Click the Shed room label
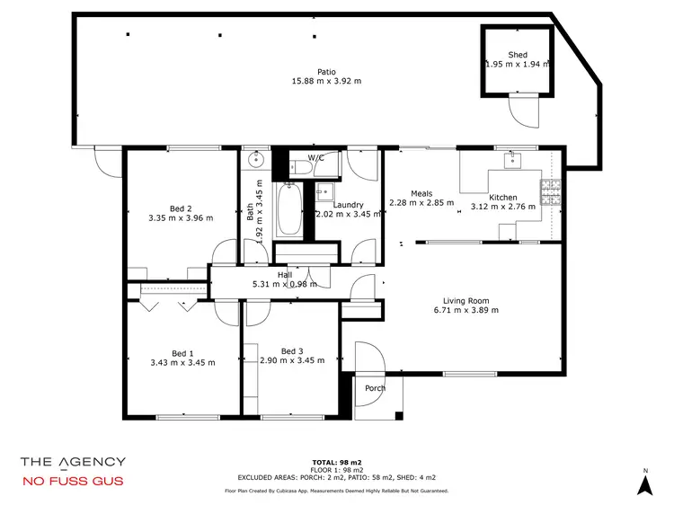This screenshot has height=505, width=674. [518, 54]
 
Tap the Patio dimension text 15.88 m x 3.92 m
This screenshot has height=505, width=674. [326, 82]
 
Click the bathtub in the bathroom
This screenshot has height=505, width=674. [288, 208]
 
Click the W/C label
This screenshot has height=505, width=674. [315, 158]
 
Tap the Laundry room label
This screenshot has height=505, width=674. [347, 205]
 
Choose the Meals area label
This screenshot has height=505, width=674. [421, 193]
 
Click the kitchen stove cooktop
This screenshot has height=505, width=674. [550, 192]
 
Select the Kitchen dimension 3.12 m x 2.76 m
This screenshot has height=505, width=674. [502, 207]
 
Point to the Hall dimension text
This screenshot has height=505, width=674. [285, 284]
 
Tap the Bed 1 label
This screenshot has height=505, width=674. [182, 353]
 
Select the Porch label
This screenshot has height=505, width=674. [375, 388]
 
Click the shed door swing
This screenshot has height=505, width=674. [522, 113]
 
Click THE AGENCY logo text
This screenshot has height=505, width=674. [73, 462]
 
